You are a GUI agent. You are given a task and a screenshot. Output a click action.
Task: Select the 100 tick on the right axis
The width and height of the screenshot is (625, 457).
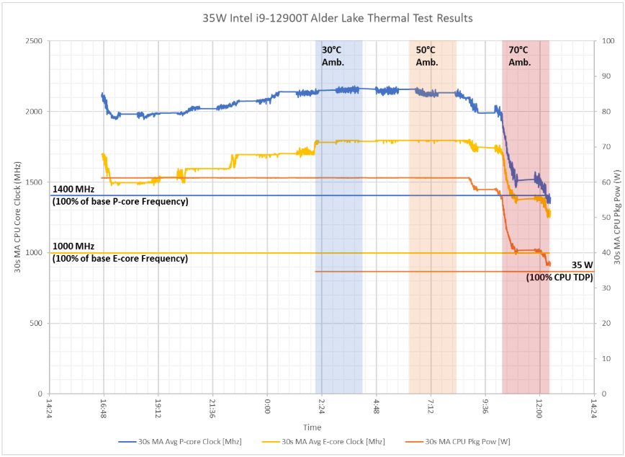[x=608, y=41]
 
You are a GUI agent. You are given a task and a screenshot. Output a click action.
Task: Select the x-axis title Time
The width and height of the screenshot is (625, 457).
[x=312, y=427]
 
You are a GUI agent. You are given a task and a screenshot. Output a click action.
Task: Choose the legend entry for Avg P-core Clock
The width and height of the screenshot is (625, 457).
[x=182, y=441]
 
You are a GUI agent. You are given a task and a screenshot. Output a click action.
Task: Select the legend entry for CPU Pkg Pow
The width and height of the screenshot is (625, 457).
[x=468, y=441]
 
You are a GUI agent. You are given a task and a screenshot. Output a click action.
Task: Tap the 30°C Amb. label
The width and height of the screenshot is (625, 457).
[x=333, y=56]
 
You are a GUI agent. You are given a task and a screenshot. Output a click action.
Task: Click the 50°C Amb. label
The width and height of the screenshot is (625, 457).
[x=427, y=56]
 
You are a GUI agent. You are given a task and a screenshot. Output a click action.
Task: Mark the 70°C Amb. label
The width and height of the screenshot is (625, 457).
[x=519, y=56]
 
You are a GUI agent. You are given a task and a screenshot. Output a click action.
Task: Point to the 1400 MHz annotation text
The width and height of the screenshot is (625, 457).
[x=120, y=195]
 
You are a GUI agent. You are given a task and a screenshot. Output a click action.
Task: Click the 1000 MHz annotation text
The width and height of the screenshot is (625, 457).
[x=120, y=252]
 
